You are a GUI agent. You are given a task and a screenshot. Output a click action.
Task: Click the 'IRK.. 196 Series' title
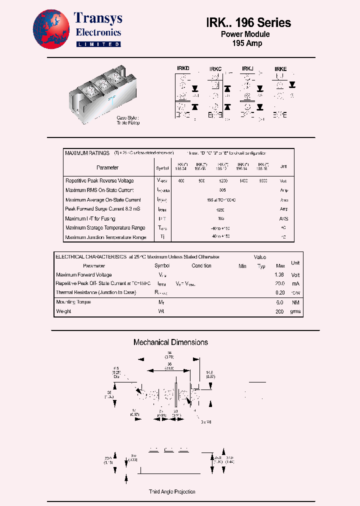(248, 22)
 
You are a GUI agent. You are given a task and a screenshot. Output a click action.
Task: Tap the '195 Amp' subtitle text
(247, 43)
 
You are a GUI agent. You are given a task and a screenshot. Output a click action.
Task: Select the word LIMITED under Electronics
(98, 44)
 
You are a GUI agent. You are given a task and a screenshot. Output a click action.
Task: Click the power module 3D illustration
(103, 92)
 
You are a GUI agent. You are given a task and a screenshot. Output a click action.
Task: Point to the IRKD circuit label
(183, 68)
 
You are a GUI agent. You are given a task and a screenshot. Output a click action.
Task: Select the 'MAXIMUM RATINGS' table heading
(87, 153)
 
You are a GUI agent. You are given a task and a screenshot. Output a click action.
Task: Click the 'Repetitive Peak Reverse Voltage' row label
(99, 180)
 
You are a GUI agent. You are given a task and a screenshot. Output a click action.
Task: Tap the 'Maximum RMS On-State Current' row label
(99, 190)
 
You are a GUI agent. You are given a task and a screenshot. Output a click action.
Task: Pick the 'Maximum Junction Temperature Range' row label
(105, 237)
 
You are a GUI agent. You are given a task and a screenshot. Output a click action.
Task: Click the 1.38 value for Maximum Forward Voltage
(280, 274)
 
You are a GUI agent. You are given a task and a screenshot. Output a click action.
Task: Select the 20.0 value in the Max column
(280, 283)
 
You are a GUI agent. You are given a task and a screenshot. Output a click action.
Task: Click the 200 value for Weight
(280, 311)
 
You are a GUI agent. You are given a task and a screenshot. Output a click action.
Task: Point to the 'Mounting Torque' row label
(73, 302)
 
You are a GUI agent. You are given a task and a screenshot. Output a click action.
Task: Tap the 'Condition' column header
(201, 266)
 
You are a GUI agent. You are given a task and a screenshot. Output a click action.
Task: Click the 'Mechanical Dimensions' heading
(170, 342)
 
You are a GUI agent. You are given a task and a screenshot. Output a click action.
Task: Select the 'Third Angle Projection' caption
(172, 491)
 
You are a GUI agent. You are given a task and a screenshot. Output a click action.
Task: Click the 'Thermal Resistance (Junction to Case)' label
(95, 292)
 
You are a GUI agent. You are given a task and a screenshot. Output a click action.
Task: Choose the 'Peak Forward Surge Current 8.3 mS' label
(102, 209)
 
